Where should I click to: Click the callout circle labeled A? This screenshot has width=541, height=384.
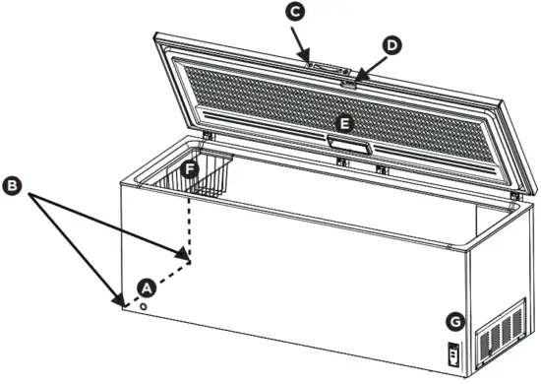pyautogui.click(x=146, y=288)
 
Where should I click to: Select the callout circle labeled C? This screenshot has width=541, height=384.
pyautogui.click(x=293, y=12)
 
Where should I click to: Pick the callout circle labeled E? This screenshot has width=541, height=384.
pyautogui.click(x=342, y=123)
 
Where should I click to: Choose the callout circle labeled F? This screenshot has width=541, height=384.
pyautogui.click(x=191, y=169)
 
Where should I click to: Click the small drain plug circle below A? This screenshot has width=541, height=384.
pyautogui.click(x=146, y=306)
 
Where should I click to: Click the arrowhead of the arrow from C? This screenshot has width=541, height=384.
pyautogui.click(x=309, y=63)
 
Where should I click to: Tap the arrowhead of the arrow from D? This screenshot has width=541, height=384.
pyautogui.click(x=359, y=80)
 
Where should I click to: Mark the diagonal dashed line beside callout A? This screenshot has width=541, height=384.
pyautogui.click(x=157, y=279)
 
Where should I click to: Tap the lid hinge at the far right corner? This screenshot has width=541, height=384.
pyautogui.click(x=513, y=197)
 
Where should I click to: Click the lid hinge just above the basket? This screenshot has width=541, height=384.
pyautogui.click(x=209, y=134)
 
